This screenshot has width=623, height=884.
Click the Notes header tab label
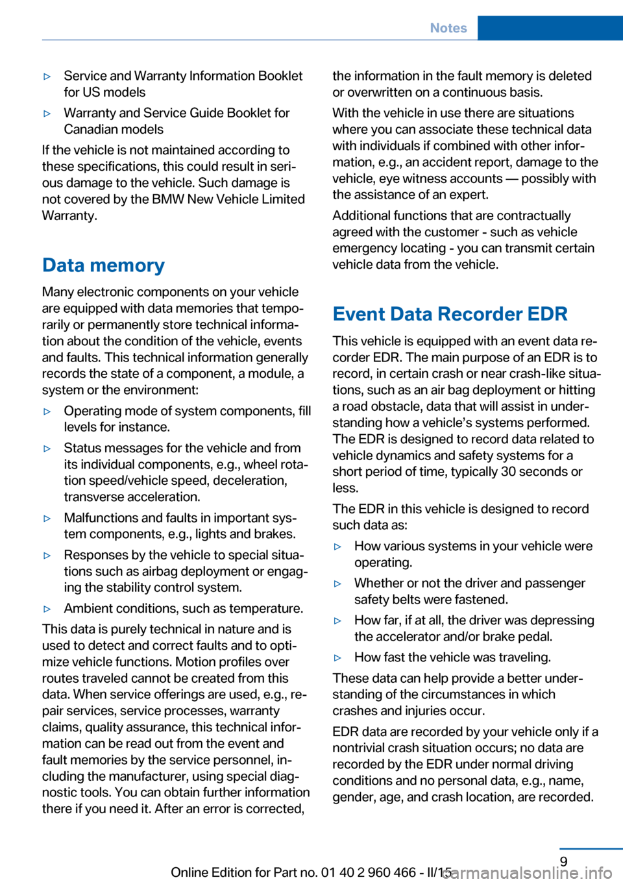click(448, 28)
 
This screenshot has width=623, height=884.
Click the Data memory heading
click(103, 265)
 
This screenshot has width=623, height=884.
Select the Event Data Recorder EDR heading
click(450, 314)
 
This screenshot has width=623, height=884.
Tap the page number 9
click(563, 861)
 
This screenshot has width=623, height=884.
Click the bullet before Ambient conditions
click(47, 609)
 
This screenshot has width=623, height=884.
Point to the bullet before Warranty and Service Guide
click(47, 114)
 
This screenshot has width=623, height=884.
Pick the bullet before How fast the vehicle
click(337, 657)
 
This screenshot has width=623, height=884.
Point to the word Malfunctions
click(100, 518)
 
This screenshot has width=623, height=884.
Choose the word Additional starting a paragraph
click(363, 215)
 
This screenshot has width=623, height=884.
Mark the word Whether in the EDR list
click(379, 583)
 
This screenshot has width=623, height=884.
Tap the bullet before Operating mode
click(47, 411)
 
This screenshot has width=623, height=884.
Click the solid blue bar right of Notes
click(550, 28)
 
